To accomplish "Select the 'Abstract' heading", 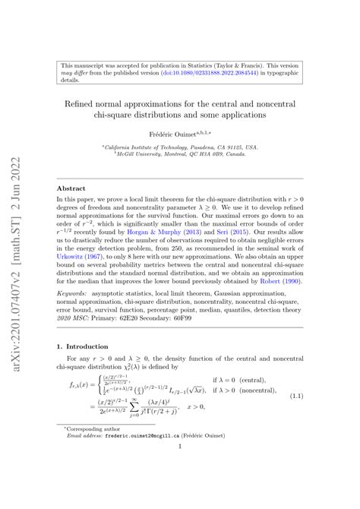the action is point(74,186).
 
